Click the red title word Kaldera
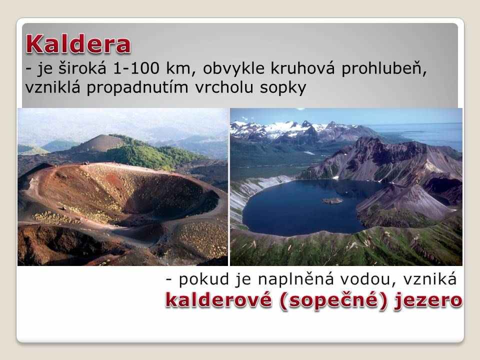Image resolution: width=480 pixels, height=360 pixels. point(78,44)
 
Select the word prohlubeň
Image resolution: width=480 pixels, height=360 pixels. point(384,68)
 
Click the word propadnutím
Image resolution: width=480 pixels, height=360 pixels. point(137,87)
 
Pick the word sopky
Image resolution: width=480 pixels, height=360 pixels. point(283,88)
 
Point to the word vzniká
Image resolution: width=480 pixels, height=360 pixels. point(429,279)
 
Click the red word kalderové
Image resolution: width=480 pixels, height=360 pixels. point(218,299)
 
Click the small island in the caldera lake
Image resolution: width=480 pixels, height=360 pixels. point(332,201)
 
